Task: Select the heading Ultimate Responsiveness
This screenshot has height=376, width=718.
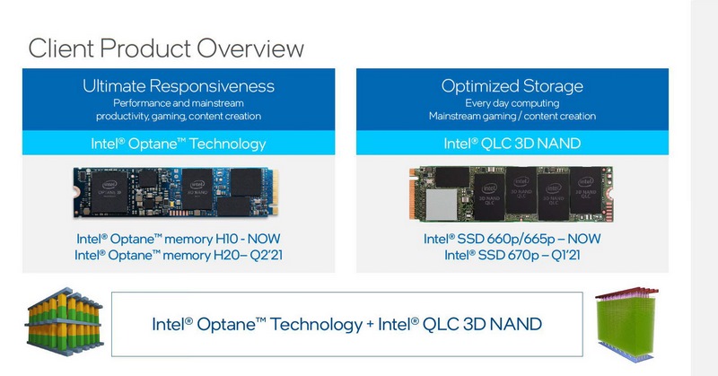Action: [179, 86]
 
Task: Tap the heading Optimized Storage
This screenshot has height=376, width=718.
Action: [512, 86]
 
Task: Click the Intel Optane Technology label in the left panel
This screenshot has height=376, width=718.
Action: [179, 144]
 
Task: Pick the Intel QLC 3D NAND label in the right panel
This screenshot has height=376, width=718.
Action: [512, 144]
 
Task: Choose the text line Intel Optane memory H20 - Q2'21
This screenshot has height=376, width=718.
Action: [179, 256]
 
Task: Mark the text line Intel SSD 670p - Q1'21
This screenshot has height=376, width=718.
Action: [512, 256]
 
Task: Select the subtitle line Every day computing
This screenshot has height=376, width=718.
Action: [512, 103]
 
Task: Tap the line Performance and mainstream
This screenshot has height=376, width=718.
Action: [179, 103]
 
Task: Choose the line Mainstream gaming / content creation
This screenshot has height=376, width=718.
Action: [512, 117]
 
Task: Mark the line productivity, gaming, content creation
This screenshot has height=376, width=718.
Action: [179, 117]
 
